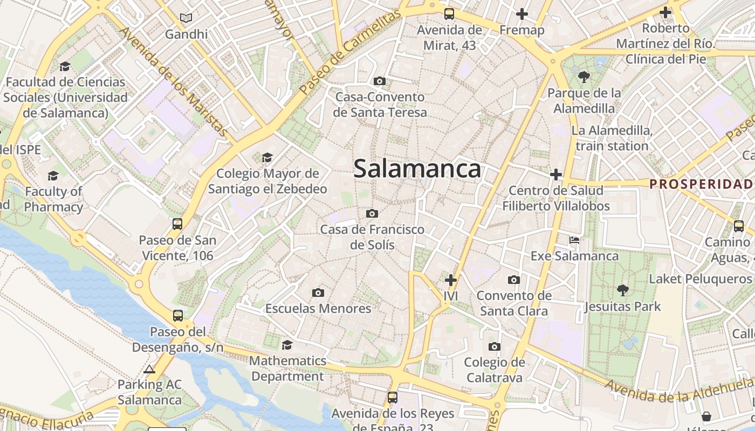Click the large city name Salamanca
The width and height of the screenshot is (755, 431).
click(x=417, y=169)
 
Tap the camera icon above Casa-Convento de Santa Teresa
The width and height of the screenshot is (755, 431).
click(x=380, y=81)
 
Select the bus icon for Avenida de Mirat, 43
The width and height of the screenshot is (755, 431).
click(x=449, y=13)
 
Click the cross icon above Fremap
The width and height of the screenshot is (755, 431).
click(x=521, y=14)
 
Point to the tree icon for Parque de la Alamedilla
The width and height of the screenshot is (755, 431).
click(x=584, y=77)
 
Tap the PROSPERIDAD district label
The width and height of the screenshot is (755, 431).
click(x=701, y=184)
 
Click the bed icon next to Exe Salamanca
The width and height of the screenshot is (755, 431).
click(x=574, y=240)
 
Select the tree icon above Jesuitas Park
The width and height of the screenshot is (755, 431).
click(x=623, y=290)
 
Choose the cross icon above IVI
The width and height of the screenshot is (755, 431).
click(x=451, y=280)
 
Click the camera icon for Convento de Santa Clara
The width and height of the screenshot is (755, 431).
click(x=514, y=280)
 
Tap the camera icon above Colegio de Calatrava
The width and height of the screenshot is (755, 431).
click(x=495, y=346)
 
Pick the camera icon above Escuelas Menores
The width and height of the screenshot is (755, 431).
click(x=318, y=293)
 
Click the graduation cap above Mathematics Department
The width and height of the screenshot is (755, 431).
click(x=287, y=345)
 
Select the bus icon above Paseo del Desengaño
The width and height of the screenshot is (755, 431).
click(x=178, y=316)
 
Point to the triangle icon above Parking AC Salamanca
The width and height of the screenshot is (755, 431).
click(x=149, y=369)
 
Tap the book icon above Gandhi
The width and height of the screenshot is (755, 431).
click(x=186, y=18)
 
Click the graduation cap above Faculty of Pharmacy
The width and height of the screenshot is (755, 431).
click(x=53, y=176)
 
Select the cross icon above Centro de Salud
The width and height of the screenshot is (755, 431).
click(x=556, y=175)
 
